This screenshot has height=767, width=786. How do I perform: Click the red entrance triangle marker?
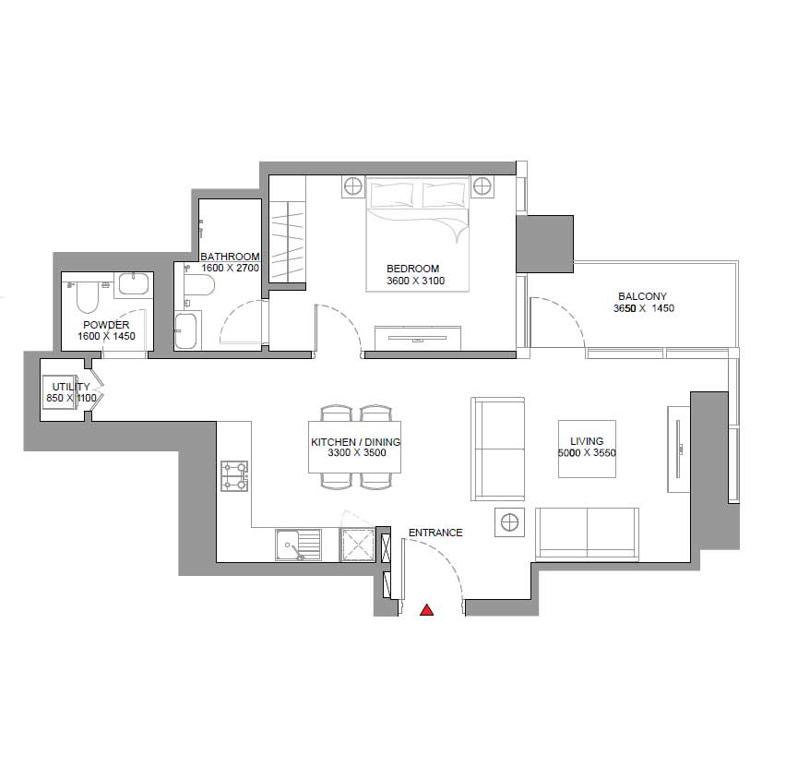[x=426, y=609]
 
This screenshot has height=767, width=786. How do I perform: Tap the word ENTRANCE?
[x=435, y=533]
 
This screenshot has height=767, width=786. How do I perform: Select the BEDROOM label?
[x=412, y=269]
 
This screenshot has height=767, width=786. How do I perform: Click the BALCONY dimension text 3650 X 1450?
[x=644, y=308]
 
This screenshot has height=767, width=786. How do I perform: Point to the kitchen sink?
[x=298, y=545]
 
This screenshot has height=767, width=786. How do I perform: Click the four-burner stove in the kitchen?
[x=234, y=475]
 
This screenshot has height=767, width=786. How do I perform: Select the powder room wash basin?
[x=134, y=284]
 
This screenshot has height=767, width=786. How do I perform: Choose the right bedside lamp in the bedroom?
[x=482, y=186]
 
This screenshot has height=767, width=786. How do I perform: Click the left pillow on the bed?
[x=392, y=195]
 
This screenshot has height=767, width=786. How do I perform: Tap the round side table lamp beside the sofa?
[x=509, y=522]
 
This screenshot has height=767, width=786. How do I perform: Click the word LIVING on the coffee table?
[x=587, y=441]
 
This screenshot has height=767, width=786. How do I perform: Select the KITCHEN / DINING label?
[x=356, y=442]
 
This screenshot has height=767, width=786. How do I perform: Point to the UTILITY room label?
[x=71, y=387]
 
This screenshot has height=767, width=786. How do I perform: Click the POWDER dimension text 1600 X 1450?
[x=106, y=336]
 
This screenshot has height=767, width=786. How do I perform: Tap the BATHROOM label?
[x=230, y=257]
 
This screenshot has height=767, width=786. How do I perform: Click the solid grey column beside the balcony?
[x=545, y=245]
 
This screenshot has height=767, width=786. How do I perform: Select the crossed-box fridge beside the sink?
[x=357, y=545]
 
